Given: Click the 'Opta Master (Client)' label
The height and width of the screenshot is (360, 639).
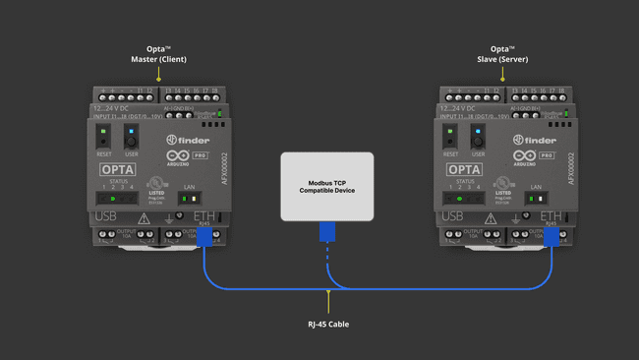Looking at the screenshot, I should (158, 54).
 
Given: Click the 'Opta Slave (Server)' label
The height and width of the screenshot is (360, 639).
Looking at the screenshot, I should (502, 54).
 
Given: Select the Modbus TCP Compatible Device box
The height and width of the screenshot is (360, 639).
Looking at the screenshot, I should (327, 186).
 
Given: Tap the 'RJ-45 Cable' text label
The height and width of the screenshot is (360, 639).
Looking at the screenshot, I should (327, 324).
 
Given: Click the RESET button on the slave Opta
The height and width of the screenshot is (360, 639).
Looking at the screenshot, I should (450, 137).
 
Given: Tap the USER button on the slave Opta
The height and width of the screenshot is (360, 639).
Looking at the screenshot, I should (478, 137).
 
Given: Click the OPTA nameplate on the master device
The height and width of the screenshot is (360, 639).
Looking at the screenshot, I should (118, 169).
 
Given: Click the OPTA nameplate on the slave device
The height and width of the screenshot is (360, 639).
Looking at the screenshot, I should (464, 169).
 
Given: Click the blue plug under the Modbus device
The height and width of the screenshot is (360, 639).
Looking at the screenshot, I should (327, 231).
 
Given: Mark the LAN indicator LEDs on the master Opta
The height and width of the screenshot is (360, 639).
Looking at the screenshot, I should (189, 199).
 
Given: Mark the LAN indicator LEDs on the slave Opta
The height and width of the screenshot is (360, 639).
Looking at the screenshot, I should (535, 199).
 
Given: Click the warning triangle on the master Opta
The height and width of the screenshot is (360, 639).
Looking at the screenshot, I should (145, 218).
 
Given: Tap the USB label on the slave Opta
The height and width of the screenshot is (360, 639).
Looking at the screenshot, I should (451, 216).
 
